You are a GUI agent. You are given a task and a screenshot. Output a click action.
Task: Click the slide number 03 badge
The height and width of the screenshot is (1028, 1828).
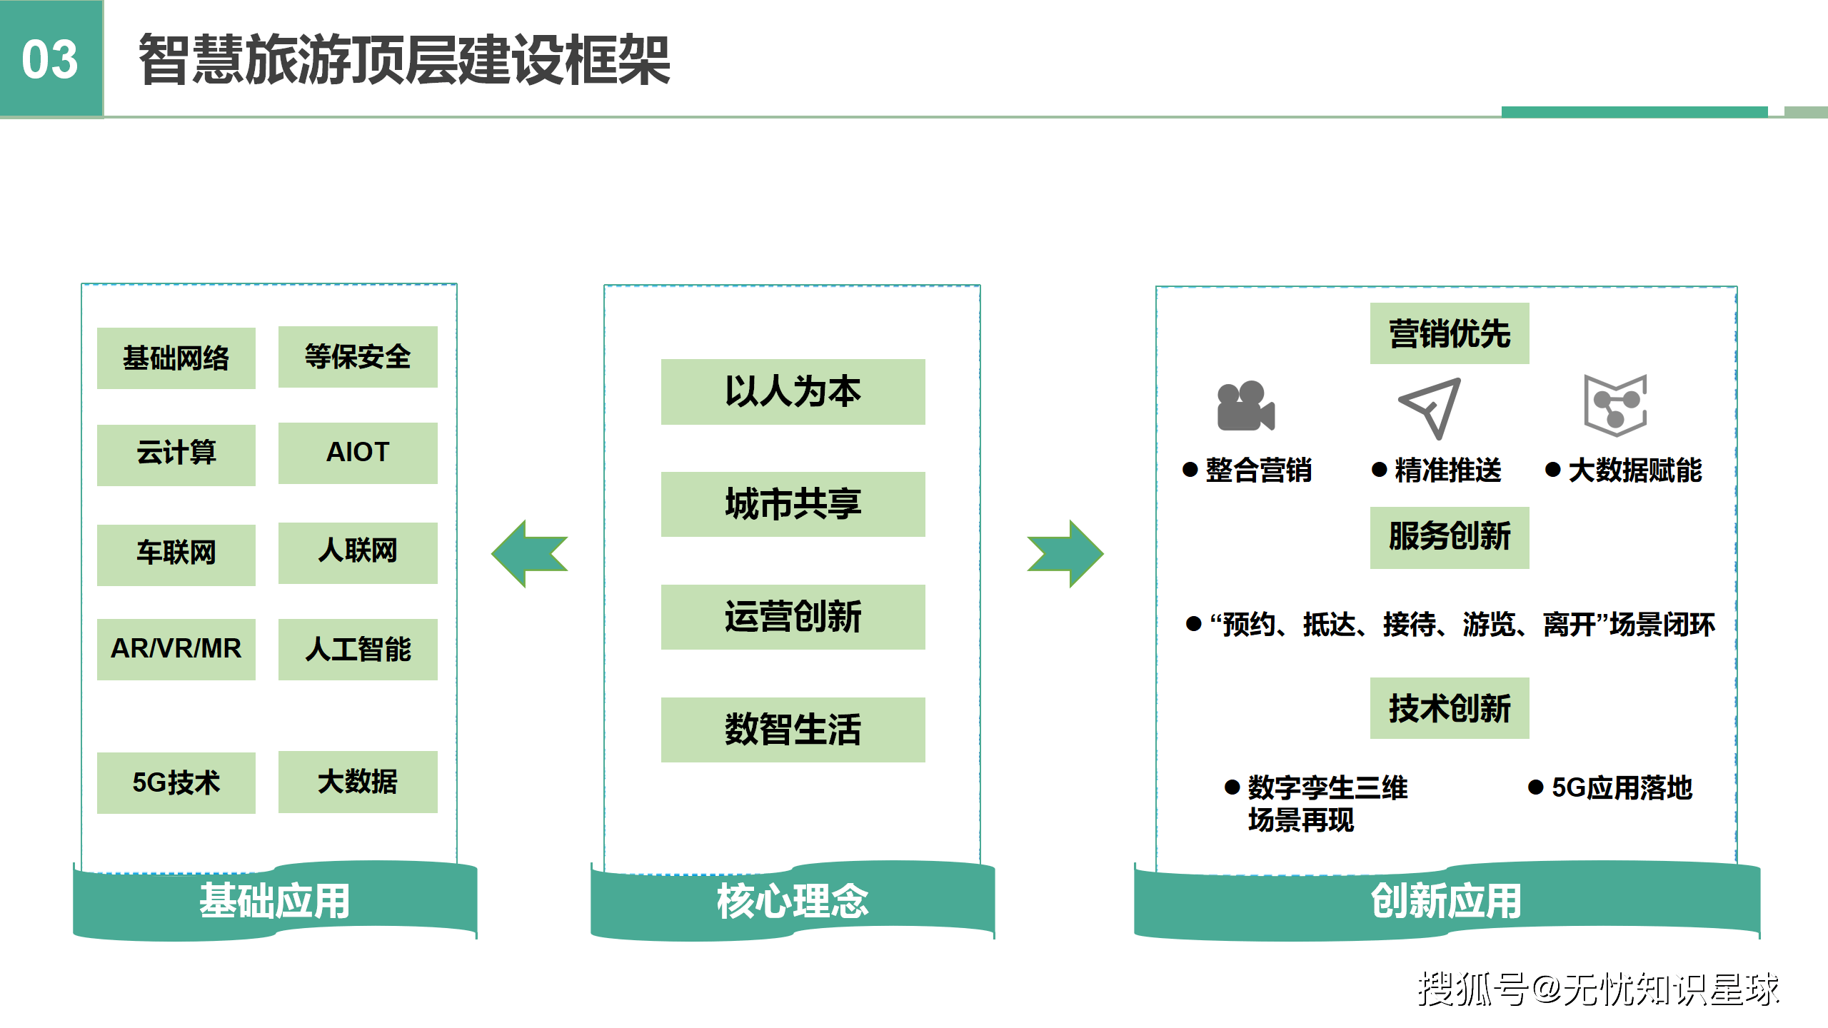(x=51, y=59)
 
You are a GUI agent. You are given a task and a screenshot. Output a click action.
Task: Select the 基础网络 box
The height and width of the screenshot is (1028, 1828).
(x=176, y=358)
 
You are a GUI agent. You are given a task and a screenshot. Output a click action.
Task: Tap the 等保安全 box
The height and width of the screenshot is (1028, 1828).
(x=358, y=356)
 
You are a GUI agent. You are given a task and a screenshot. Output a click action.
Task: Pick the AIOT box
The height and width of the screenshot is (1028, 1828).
(x=358, y=453)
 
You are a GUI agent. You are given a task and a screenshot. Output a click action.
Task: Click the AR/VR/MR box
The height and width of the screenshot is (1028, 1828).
(x=176, y=649)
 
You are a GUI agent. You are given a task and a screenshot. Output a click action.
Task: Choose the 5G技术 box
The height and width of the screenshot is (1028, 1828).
(x=176, y=782)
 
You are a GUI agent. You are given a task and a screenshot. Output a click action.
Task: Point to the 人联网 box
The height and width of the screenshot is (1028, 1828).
(x=358, y=552)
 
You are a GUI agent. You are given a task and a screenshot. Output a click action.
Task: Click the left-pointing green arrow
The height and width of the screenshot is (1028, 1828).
(x=529, y=553)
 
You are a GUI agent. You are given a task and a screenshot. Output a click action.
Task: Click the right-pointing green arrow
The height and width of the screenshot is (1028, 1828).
(x=1065, y=553)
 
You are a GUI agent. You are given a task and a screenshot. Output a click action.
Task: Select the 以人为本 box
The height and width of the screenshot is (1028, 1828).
(x=793, y=391)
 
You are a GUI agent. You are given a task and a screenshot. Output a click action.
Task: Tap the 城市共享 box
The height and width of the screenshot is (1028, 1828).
(x=793, y=504)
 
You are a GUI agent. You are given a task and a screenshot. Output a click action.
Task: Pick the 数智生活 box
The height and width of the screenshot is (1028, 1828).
(x=793, y=730)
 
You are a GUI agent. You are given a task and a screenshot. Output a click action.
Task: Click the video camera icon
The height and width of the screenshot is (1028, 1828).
(x=1245, y=406)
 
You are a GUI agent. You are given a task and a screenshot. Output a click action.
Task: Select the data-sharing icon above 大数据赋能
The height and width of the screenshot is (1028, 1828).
(x=1615, y=405)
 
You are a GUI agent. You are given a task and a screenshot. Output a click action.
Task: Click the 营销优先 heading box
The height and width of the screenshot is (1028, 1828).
(x=1449, y=333)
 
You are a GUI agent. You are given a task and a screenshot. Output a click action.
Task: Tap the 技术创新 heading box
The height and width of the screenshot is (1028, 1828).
(x=1449, y=708)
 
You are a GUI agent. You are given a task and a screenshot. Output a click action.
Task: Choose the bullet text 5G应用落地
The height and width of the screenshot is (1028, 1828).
(x=1622, y=787)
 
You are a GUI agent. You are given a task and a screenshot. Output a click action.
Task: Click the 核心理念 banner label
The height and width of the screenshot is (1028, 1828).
(x=793, y=901)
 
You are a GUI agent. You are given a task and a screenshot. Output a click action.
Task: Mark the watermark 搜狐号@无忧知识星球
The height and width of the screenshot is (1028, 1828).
(x=1598, y=989)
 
